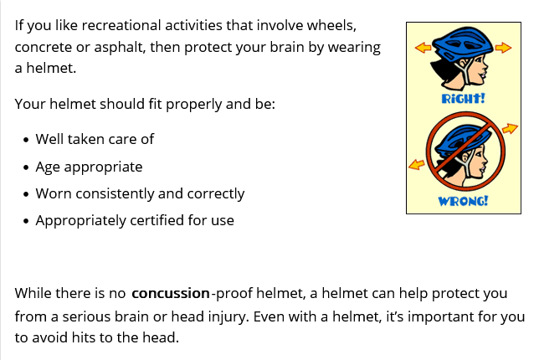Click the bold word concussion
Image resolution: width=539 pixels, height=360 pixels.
(x=171, y=293)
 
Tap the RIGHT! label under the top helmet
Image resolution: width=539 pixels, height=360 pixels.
(x=463, y=98)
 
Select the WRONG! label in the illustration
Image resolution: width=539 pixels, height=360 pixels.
(x=463, y=201)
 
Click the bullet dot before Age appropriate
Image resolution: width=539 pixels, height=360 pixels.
(x=26, y=167)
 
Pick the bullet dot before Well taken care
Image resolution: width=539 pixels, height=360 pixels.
(x=26, y=141)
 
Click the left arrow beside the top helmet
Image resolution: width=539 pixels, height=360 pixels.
(x=423, y=47)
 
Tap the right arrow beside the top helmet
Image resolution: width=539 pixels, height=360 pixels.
(x=503, y=48)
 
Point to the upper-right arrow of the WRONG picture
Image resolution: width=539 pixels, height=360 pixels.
(x=510, y=129)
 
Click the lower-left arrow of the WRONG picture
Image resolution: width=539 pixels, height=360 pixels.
(x=416, y=164)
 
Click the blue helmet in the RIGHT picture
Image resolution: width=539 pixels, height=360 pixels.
(x=463, y=43)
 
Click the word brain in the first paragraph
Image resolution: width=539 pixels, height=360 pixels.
(x=287, y=47)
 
